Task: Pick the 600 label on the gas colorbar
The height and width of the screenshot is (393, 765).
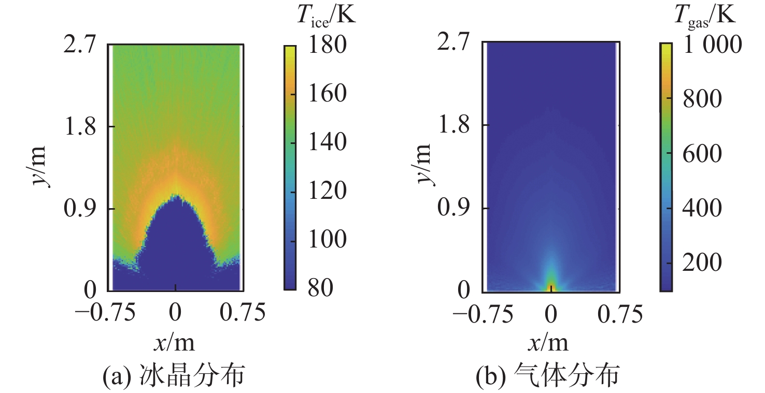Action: [x=701, y=154]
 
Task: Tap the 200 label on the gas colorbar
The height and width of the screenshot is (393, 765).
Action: [x=701, y=264]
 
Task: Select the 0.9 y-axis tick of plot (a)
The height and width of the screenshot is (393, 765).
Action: [x=79, y=209]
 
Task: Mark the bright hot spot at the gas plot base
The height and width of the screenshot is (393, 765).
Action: [x=551, y=286]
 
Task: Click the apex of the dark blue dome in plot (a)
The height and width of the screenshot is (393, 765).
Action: [x=176, y=196]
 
